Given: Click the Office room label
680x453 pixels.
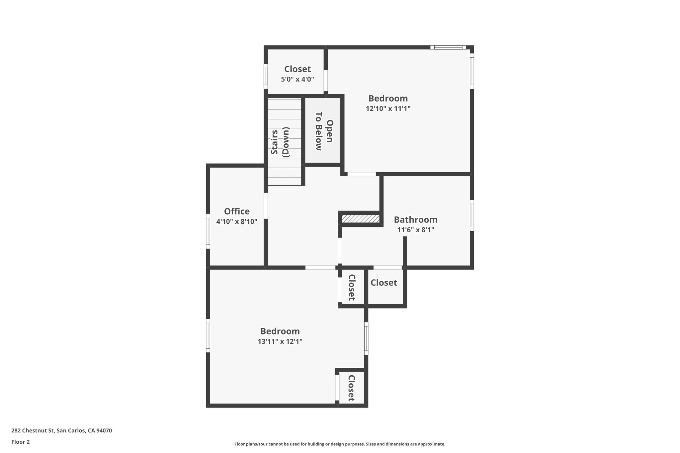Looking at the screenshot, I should (x=237, y=211).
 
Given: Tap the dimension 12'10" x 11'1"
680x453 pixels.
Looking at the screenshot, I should (x=388, y=109).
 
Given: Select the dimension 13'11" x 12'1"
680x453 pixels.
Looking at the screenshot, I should (x=280, y=341).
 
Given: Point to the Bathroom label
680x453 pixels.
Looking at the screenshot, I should (x=415, y=220).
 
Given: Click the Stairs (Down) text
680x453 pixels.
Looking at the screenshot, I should (x=281, y=142).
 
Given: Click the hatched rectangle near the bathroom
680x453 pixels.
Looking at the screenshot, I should (x=361, y=219).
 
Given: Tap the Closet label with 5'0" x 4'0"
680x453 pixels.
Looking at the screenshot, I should (x=297, y=69).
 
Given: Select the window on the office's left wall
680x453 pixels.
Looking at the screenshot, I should (x=208, y=231).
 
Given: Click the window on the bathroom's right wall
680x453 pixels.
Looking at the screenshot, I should (x=472, y=215).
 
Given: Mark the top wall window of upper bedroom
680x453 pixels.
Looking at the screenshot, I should (x=448, y=47).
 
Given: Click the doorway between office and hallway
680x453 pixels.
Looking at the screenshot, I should (x=266, y=206).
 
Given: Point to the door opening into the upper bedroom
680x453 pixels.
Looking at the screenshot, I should (x=362, y=174).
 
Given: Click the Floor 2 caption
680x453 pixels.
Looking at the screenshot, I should (x=21, y=442).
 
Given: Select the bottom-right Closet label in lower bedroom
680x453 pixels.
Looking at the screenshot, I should (x=351, y=388).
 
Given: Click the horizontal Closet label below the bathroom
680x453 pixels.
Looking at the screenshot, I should (x=384, y=283).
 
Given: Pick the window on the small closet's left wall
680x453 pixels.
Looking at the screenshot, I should (x=266, y=76).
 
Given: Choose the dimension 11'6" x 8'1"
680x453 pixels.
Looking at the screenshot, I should (x=416, y=230).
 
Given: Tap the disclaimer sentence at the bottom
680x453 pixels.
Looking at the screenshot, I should (x=340, y=444).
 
